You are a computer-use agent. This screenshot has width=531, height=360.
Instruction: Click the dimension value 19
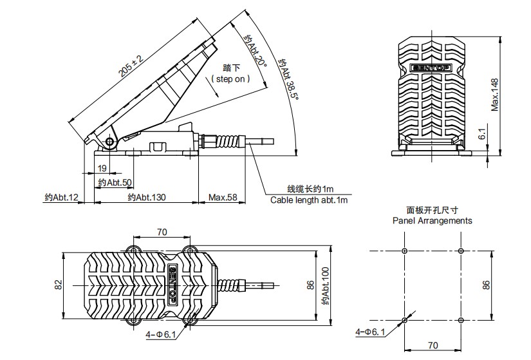coord(102,168)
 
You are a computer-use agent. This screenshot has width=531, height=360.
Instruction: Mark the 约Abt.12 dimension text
coord(61,198)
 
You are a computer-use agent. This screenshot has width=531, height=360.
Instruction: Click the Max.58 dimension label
coord(223,198)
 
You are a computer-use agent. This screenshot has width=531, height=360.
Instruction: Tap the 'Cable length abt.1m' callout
coord(309,200)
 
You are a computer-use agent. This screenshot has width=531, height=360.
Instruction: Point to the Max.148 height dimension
coord(495,95)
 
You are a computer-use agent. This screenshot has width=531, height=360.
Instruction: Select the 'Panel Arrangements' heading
coord(432,220)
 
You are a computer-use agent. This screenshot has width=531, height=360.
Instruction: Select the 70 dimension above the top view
coord(162,232)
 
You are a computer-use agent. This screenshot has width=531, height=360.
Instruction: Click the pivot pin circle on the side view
coord(110,142)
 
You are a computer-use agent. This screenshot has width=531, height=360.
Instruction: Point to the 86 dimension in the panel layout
coord(487,284)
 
